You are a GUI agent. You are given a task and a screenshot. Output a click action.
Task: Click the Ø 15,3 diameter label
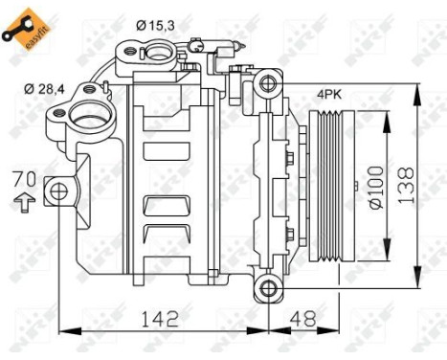(155, 22)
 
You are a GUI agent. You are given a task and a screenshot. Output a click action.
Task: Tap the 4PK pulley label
(331, 95)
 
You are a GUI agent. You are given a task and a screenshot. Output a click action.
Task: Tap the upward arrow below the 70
(25, 202)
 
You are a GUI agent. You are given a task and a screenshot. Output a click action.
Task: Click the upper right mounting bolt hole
(268, 85)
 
